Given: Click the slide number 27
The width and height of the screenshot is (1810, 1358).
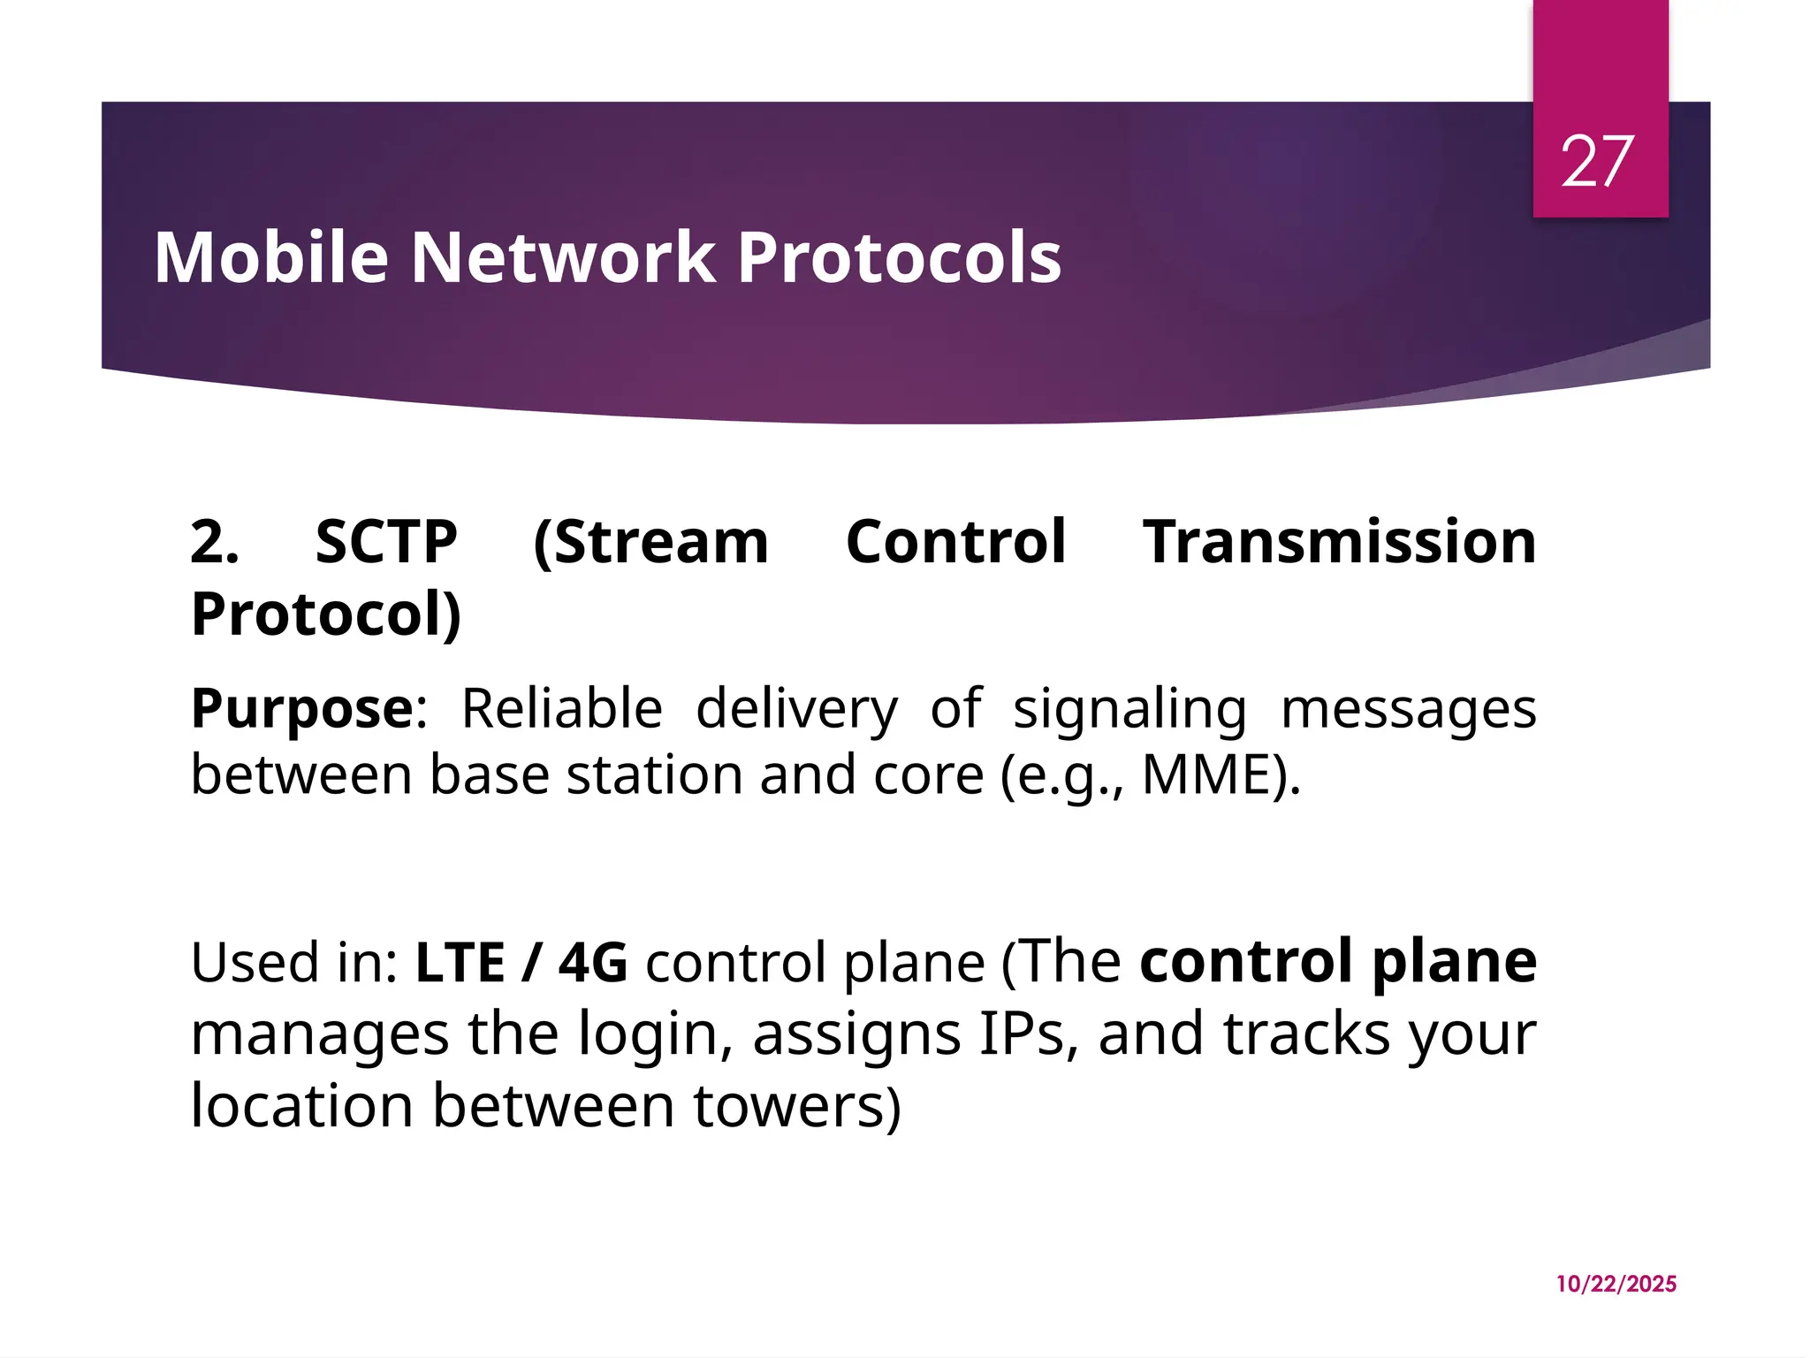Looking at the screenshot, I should (x=1597, y=162).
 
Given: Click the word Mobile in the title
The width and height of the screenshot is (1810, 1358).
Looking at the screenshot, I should (x=271, y=257).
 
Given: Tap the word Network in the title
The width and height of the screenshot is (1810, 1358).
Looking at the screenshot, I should (x=563, y=257).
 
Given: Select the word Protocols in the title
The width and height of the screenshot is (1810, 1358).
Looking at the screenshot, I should (x=899, y=257).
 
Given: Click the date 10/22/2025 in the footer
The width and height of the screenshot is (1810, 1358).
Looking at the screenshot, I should (x=1616, y=1284).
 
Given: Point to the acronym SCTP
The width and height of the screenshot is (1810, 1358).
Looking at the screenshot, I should (x=386, y=541).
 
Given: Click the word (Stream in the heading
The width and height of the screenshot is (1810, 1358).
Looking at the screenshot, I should (x=651, y=541).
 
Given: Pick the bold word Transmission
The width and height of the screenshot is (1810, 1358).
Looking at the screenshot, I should (x=1339, y=541).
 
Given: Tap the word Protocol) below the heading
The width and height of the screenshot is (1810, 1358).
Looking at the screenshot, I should (x=326, y=614).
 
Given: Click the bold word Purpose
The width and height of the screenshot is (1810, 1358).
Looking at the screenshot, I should (x=301, y=710).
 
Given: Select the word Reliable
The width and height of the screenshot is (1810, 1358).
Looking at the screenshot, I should (x=562, y=708).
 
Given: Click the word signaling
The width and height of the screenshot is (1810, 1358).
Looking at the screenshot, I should (x=1129, y=710).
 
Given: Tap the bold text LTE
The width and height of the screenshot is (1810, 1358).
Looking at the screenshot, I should (x=460, y=962).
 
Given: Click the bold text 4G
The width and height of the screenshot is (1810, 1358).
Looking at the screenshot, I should (x=593, y=962).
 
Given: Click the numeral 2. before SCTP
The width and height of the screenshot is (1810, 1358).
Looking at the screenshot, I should (x=215, y=541).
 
